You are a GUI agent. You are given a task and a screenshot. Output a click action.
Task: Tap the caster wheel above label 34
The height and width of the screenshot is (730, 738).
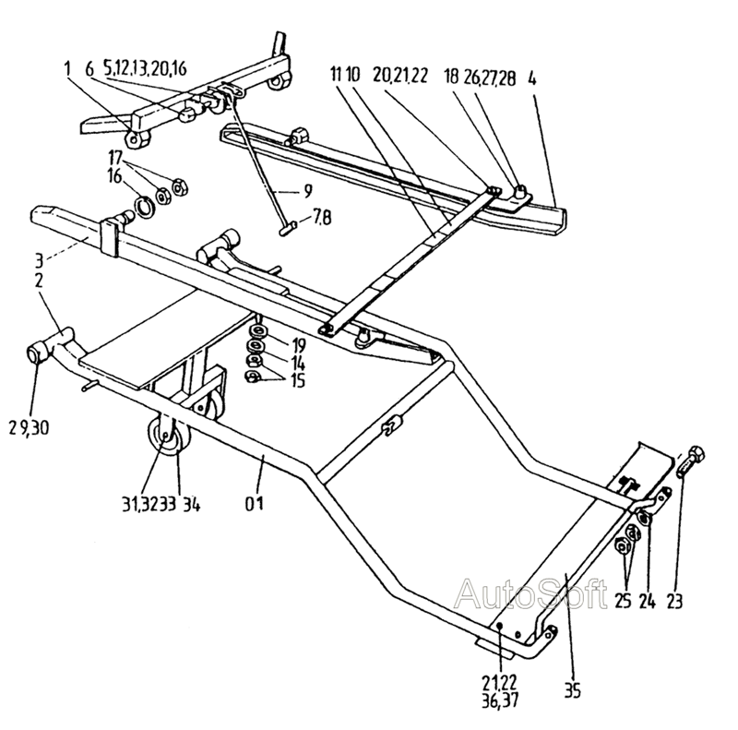[x=164, y=440]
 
